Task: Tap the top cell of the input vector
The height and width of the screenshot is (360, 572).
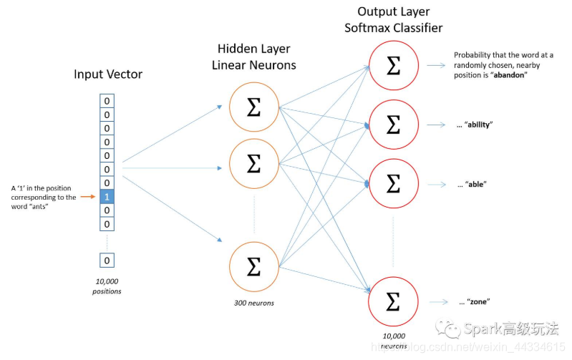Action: pyautogui.click(x=107, y=101)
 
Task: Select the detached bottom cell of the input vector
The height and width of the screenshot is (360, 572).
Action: pyautogui.click(x=107, y=261)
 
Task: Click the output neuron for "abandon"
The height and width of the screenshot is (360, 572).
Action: pyautogui.click(x=392, y=67)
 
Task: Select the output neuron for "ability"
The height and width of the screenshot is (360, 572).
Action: pyautogui.click(x=392, y=125)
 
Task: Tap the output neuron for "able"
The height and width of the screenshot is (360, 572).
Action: pyautogui.click(x=392, y=183)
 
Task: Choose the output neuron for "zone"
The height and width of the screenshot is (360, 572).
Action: pyautogui.click(x=392, y=301)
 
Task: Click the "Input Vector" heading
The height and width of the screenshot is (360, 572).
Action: pyautogui.click(x=108, y=74)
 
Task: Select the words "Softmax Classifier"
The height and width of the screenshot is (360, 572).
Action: pyautogui.click(x=393, y=28)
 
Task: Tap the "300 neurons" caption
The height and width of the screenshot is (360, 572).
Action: pyautogui.click(x=253, y=303)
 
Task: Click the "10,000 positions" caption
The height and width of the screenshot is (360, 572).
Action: pyautogui.click(x=107, y=286)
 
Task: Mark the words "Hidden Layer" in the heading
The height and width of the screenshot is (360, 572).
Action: pyautogui.click(x=253, y=49)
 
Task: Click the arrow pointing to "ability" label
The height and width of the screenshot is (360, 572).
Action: pyautogui.click(x=437, y=125)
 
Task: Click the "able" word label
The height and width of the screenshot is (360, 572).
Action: pyautogui.click(x=475, y=184)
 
